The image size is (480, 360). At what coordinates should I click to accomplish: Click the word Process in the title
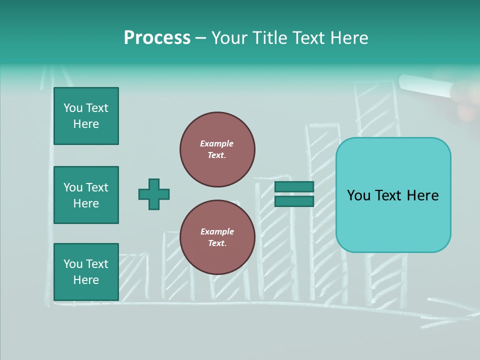[x=157, y=38]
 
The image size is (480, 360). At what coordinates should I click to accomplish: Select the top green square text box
[x=86, y=116]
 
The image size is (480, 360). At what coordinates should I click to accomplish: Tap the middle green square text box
[x=86, y=195]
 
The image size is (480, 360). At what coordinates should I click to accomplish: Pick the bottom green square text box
[x=86, y=272]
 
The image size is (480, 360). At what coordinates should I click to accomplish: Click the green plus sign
[x=154, y=194]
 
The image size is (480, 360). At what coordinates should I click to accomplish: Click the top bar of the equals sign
[x=294, y=186]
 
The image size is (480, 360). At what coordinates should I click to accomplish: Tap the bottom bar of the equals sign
[x=294, y=201]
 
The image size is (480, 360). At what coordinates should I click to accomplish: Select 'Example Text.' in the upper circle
[x=217, y=149]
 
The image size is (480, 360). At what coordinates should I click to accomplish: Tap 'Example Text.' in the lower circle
[x=217, y=237]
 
